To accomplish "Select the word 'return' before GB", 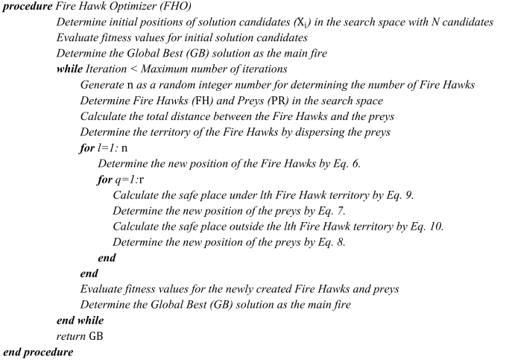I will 72,336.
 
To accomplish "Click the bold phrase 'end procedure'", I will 39,352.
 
